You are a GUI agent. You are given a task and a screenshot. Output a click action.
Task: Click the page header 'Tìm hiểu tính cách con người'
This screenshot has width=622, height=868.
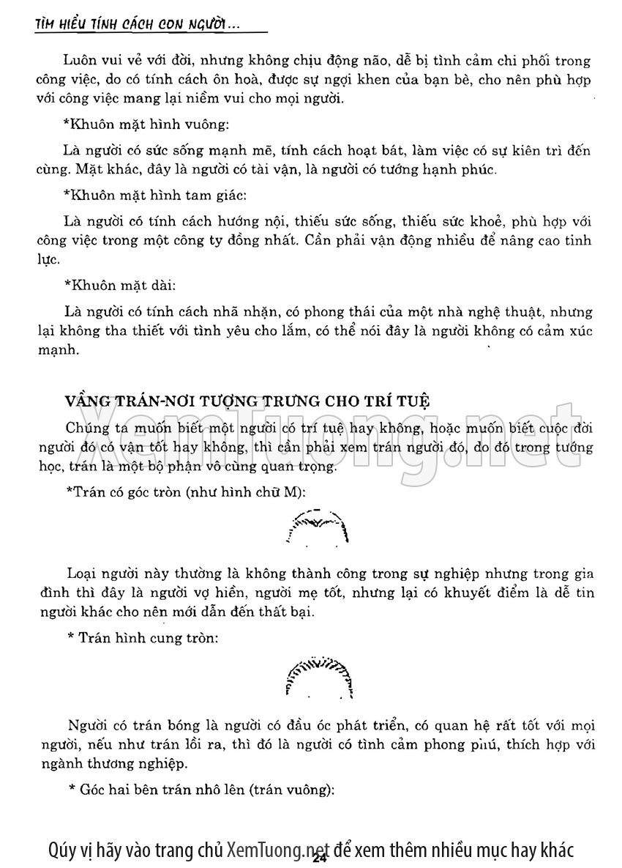pyautogui.click(x=139, y=25)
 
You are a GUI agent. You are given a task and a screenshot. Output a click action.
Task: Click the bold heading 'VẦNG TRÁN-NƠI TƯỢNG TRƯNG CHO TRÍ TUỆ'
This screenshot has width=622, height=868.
pyautogui.click(x=247, y=401)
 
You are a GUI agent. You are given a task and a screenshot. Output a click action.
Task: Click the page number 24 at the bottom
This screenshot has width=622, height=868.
pyautogui.click(x=318, y=859)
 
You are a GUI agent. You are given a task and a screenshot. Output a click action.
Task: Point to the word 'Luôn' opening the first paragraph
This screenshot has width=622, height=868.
pyautogui.click(x=80, y=62)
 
